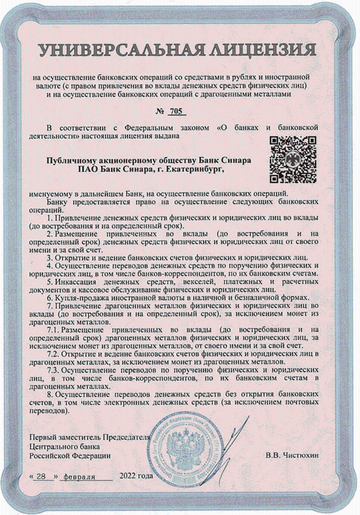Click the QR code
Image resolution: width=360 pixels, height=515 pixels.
point(293,160)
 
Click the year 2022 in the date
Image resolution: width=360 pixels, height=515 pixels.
point(129,476)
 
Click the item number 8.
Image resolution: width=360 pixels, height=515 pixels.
point(49,394)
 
